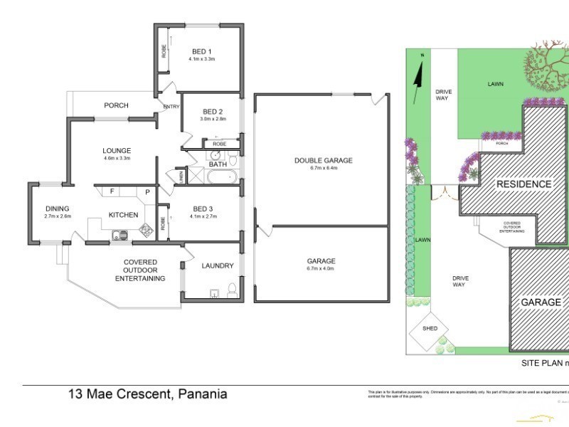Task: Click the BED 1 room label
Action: [x=202, y=51]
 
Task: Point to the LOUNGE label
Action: [x=117, y=150]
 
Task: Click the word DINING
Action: [x=58, y=209]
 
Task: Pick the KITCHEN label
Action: [x=123, y=214]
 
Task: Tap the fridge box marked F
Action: [x=112, y=191]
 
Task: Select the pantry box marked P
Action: [x=148, y=192]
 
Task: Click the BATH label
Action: [x=218, y=165]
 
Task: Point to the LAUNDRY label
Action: [x=218, y=265]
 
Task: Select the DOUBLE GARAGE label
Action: [x=324, y=160]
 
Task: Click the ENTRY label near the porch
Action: [x=171, y=107]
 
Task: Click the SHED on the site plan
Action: [x=430, y=329]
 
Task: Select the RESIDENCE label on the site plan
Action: [x=523, y=184]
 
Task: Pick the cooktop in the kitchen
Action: [x=146, y=229]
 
